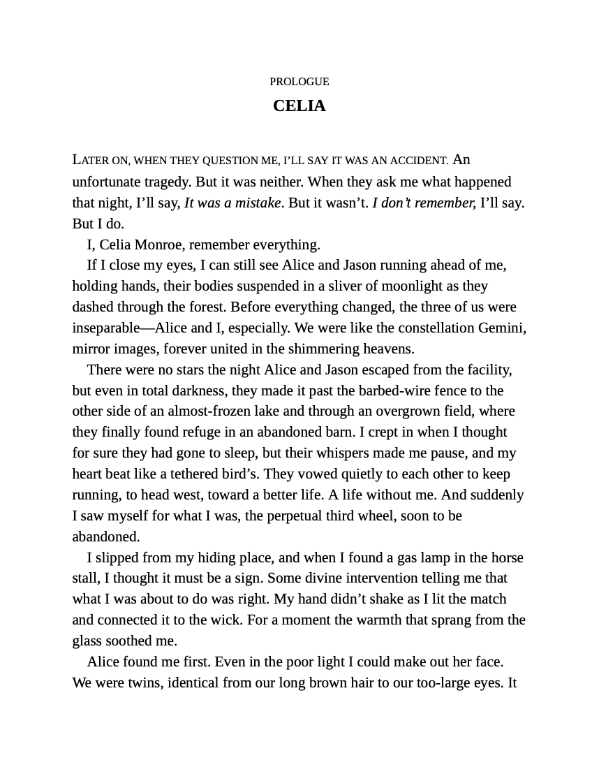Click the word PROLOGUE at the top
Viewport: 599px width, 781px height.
click(299, 82)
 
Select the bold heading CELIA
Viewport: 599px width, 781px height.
click(299, 105)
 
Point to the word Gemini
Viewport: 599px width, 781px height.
click(501, 328)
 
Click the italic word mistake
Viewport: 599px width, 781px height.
click(256, 203)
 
